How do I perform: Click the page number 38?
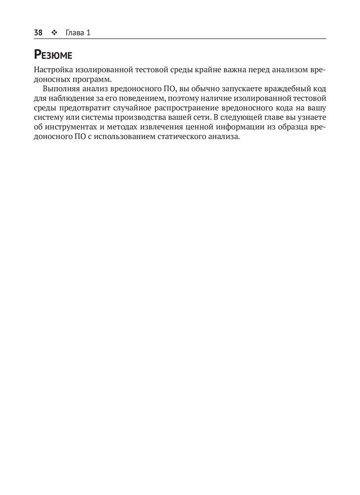38,33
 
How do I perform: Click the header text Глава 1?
78,33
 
